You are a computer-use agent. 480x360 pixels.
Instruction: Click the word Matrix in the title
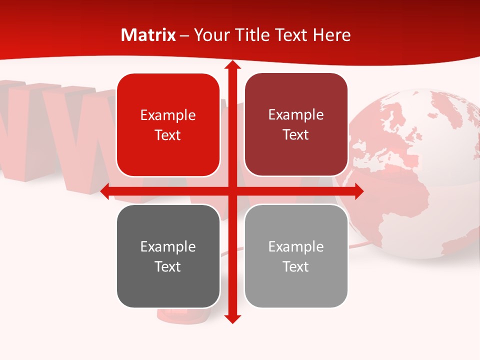click(x=148, y=35)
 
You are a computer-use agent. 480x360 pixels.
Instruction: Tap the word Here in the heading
click(x=331, y=35)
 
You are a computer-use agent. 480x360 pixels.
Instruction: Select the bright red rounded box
click(x=168, y=125)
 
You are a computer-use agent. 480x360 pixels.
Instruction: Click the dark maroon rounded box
click(x=296, y=124)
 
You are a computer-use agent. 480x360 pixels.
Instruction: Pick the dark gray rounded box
click(x=168, y=256)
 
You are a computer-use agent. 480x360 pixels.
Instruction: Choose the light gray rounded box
click(x=296, y=256)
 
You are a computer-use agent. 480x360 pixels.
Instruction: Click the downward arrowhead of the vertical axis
click(x=232, y=318)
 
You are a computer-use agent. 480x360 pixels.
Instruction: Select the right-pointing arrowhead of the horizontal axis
click(x=358, y=191)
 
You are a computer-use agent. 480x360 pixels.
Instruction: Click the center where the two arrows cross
click(x=232, y=191)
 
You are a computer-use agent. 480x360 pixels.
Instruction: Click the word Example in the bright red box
click(x=168, y=115)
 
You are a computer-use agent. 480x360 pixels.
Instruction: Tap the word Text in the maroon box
click(x=296, y=134)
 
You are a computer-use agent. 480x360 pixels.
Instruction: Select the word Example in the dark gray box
click(x=168, y=246)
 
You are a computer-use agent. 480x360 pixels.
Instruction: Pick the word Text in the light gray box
click(x=296, y=266)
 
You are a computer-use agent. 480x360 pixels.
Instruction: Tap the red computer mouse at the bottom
click(x=172, y=315)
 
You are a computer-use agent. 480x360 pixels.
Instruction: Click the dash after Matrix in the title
click(x=184, y=35)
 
